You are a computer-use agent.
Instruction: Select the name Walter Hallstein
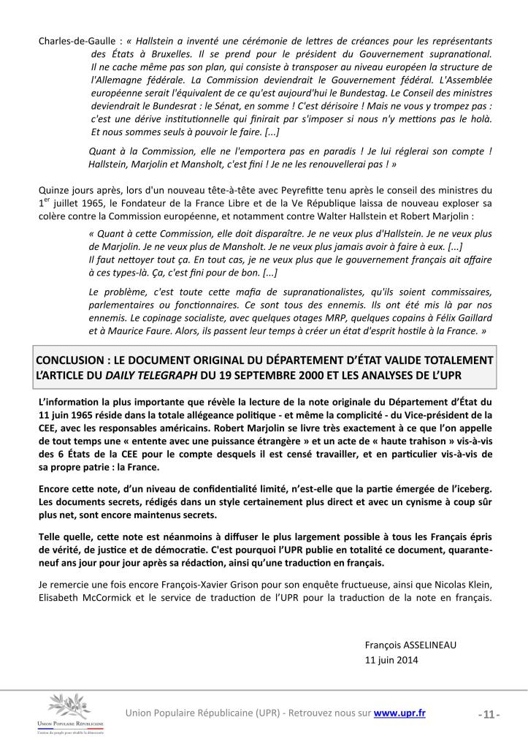pos(360,217)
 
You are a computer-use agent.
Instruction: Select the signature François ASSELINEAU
pos(408,644)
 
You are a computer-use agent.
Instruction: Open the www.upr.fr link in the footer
pos(399,713)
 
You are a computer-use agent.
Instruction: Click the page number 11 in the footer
pos(489,713)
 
